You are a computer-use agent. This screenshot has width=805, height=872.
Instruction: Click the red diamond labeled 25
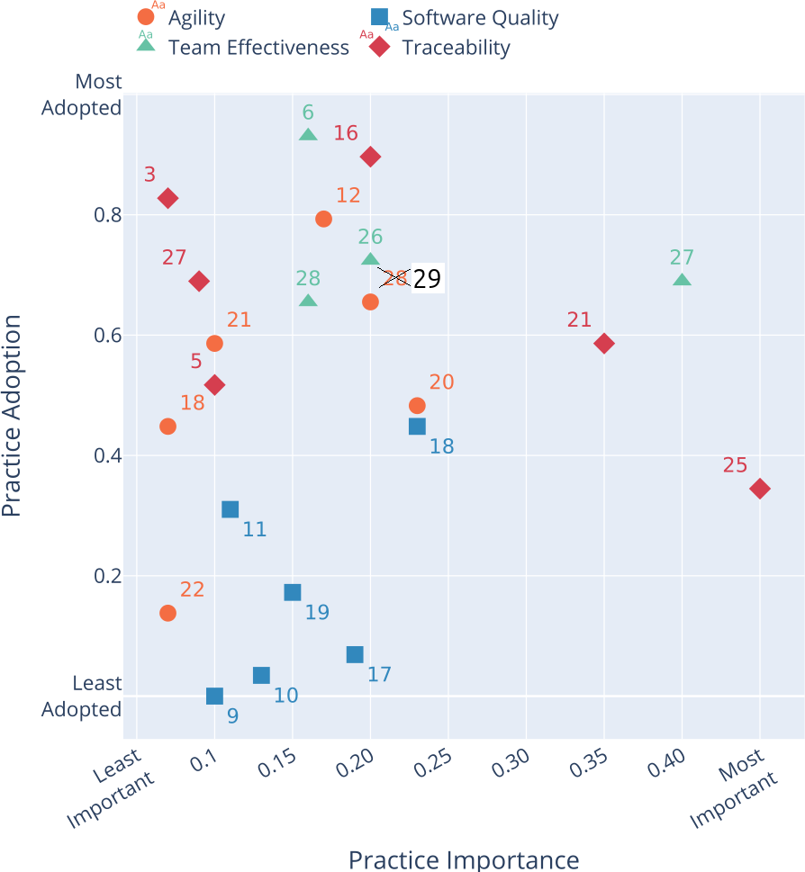coord(760,489)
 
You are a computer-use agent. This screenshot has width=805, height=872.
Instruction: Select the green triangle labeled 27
coord(683,280)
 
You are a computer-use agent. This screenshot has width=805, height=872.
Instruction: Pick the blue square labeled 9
coord(214,696)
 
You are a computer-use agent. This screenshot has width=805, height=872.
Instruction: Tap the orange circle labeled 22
coord(167,613)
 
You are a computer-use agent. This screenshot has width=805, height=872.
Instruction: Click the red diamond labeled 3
coord(167,198)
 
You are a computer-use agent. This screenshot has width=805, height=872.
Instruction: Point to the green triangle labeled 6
coord(308,135)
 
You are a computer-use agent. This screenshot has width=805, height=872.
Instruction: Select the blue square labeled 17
coord(355,654)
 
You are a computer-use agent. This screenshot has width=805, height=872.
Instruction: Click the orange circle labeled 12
coord(324,219)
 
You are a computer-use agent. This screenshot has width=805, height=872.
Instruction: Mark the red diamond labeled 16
coord(370,157)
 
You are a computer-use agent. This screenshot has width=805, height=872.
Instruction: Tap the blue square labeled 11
coord(231,509)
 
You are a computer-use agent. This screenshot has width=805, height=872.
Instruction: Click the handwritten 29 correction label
coord(427,279)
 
